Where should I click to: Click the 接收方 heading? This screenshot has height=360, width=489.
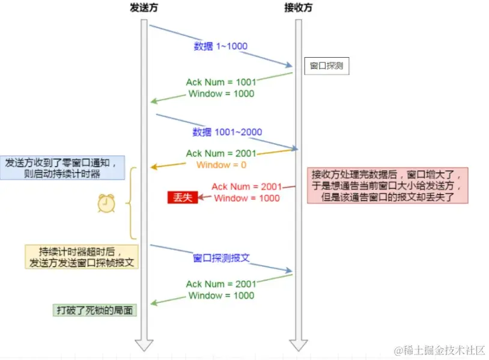click(298, 8)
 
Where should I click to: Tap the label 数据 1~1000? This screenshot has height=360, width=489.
click(220, 46)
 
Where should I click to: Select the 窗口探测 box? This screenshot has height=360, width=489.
click(326, 66)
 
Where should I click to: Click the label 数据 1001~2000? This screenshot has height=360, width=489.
click(227, 132)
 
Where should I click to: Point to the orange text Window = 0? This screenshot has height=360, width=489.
click(222, 165)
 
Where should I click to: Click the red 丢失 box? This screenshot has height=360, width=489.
click(182, 198)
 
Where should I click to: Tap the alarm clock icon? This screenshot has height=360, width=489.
click(106, 204)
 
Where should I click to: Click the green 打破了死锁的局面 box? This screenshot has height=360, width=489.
click(94, 310)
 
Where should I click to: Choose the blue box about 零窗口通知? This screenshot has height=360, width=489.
click(64, 168)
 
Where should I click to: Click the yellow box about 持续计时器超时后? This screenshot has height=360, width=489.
click(82, 257)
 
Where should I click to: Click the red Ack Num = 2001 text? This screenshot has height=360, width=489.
click(246, 187)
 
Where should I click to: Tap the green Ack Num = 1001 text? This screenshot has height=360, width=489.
click(221, 82)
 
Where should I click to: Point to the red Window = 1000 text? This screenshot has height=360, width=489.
click(246, 198)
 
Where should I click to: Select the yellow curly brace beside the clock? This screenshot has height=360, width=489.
click(130, 203)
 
